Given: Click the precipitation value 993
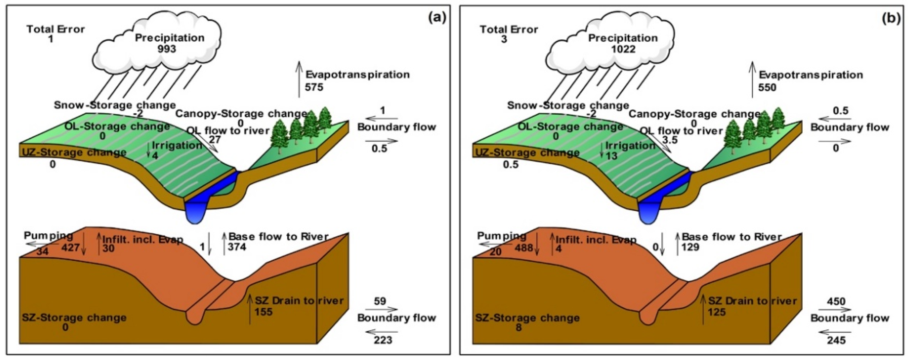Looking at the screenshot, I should [167, 49].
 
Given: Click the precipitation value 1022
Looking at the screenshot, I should [623, 49].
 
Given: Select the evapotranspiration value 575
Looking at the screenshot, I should [314, 87].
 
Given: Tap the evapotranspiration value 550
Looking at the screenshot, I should [767, 87].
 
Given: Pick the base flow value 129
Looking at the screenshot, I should [690, 247].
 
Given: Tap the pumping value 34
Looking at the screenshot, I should [43, 251].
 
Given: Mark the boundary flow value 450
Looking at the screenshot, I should [836, 301].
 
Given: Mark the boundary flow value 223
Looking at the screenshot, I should [383, 340].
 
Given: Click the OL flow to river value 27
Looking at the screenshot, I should [215, 140].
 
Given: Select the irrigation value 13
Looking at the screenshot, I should [611, 155].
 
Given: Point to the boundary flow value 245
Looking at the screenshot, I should [836, 340].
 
